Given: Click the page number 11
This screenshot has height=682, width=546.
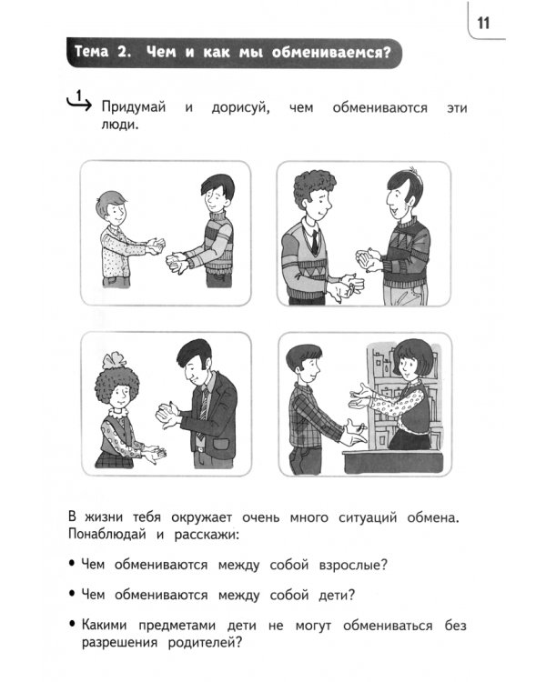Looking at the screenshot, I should (x=483, y=24).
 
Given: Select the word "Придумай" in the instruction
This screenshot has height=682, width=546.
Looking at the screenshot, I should (x=134, y=109).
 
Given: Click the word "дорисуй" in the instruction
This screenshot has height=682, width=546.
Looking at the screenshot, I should (x=238, y=109).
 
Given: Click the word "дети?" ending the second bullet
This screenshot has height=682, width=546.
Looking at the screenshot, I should (x=330, y=596).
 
